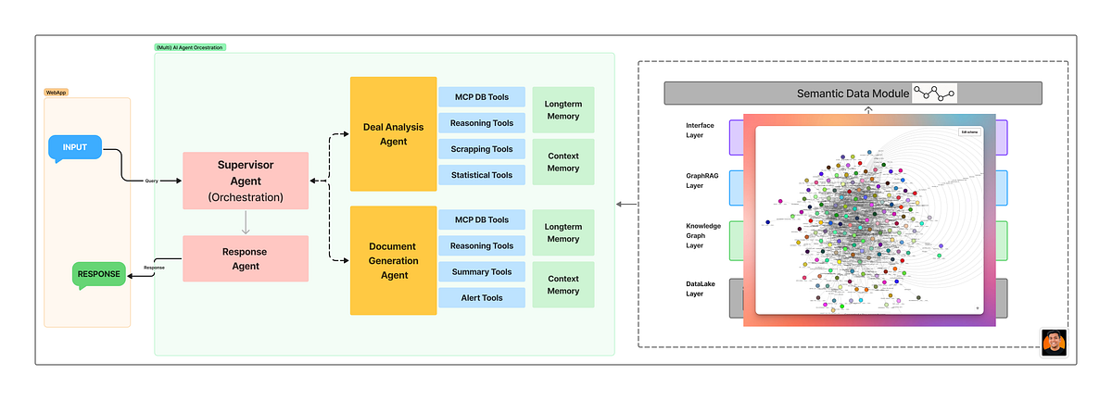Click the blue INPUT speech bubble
(x=74, y=148)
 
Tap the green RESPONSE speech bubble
(x=98, y=274)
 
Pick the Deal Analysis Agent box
(x=393, y=130)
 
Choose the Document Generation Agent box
(x=393, y=260)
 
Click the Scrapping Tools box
(x=481, y=149)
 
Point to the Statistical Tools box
(x=481, y=175)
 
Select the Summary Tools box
(x=481, y=272)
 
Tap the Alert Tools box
(x=481, y=298)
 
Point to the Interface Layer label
(x=700, y=130)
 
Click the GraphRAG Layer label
(x=700, y=181)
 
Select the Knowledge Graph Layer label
(x=703, y=237)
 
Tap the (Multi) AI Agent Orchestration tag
(x=190, y=47)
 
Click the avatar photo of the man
(x=1054, y=342)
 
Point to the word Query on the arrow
(x=151, y=181)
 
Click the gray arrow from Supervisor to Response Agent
(x=245, y=222)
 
